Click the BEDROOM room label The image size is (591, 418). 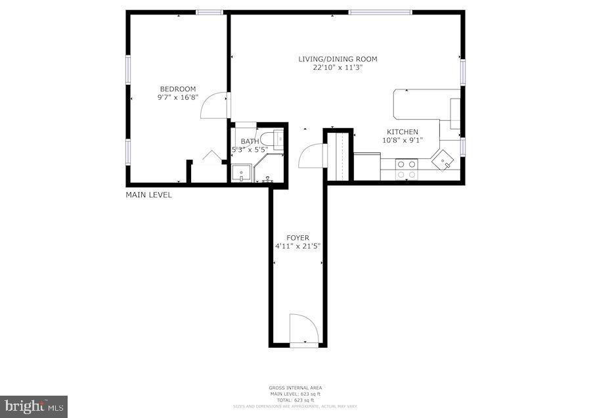[177, 89]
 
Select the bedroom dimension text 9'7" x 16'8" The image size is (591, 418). [177, 97]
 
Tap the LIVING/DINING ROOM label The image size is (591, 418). [338, 59]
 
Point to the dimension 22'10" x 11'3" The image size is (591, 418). [338, 67]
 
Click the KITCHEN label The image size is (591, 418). [402, 132]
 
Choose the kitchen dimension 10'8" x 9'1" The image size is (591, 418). [402, 140]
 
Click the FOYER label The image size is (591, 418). [297, 238]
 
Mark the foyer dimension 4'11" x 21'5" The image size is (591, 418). [297, 246]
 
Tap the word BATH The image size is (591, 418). [250, 141]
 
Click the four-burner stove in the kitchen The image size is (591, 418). [406, 170]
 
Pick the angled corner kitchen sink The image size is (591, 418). [444, 160]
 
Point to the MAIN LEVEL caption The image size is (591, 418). [149, 195]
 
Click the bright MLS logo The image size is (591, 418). [33, 406]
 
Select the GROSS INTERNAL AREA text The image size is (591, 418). [295, 388]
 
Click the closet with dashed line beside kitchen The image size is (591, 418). [340, 156]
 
